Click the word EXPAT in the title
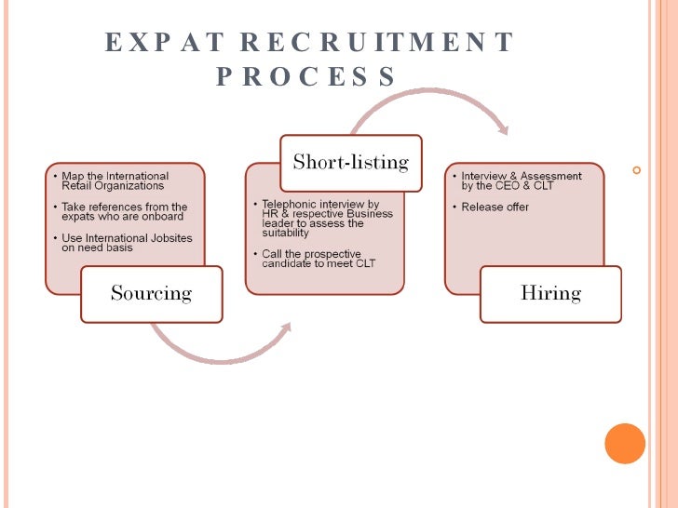[x=164, y=43]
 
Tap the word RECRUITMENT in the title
[x=376, y=43]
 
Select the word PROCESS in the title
[x=307, y=76]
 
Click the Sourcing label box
[x=151, y=294]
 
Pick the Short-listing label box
[x=351, y=162]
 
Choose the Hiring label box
[x=550, y=294]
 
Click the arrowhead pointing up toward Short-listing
[x=286, y=328]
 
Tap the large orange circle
[x=625, y=443]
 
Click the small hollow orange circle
[x=637, y=170]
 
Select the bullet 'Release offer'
[x=495, y=207]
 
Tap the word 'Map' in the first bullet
[x=72, y=176]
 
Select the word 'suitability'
[x=284, y=234]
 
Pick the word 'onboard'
[x=164, y=217]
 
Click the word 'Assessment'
[x=549, y=176]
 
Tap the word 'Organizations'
[x=127, y=185]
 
